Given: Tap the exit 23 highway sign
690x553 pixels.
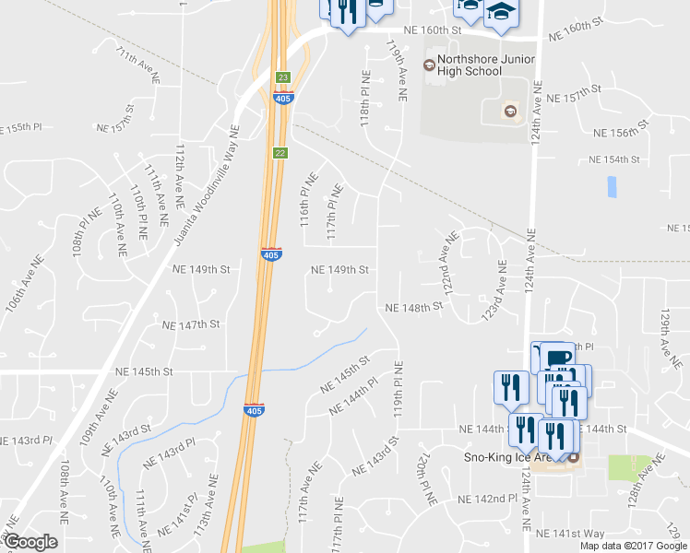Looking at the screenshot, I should click(x=283, y=77).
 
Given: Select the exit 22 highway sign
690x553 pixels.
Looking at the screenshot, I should click(x=279, y=152).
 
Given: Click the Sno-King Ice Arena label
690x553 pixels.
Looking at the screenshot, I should click(x=515, y=457).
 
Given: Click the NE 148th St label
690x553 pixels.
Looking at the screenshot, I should click(x=408, y=307).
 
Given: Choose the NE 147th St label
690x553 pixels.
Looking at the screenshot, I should click(x=191, y=325).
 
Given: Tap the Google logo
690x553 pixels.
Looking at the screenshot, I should click(x=30, y=542).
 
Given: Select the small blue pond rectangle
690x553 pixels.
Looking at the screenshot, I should click(x=613, y=187).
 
